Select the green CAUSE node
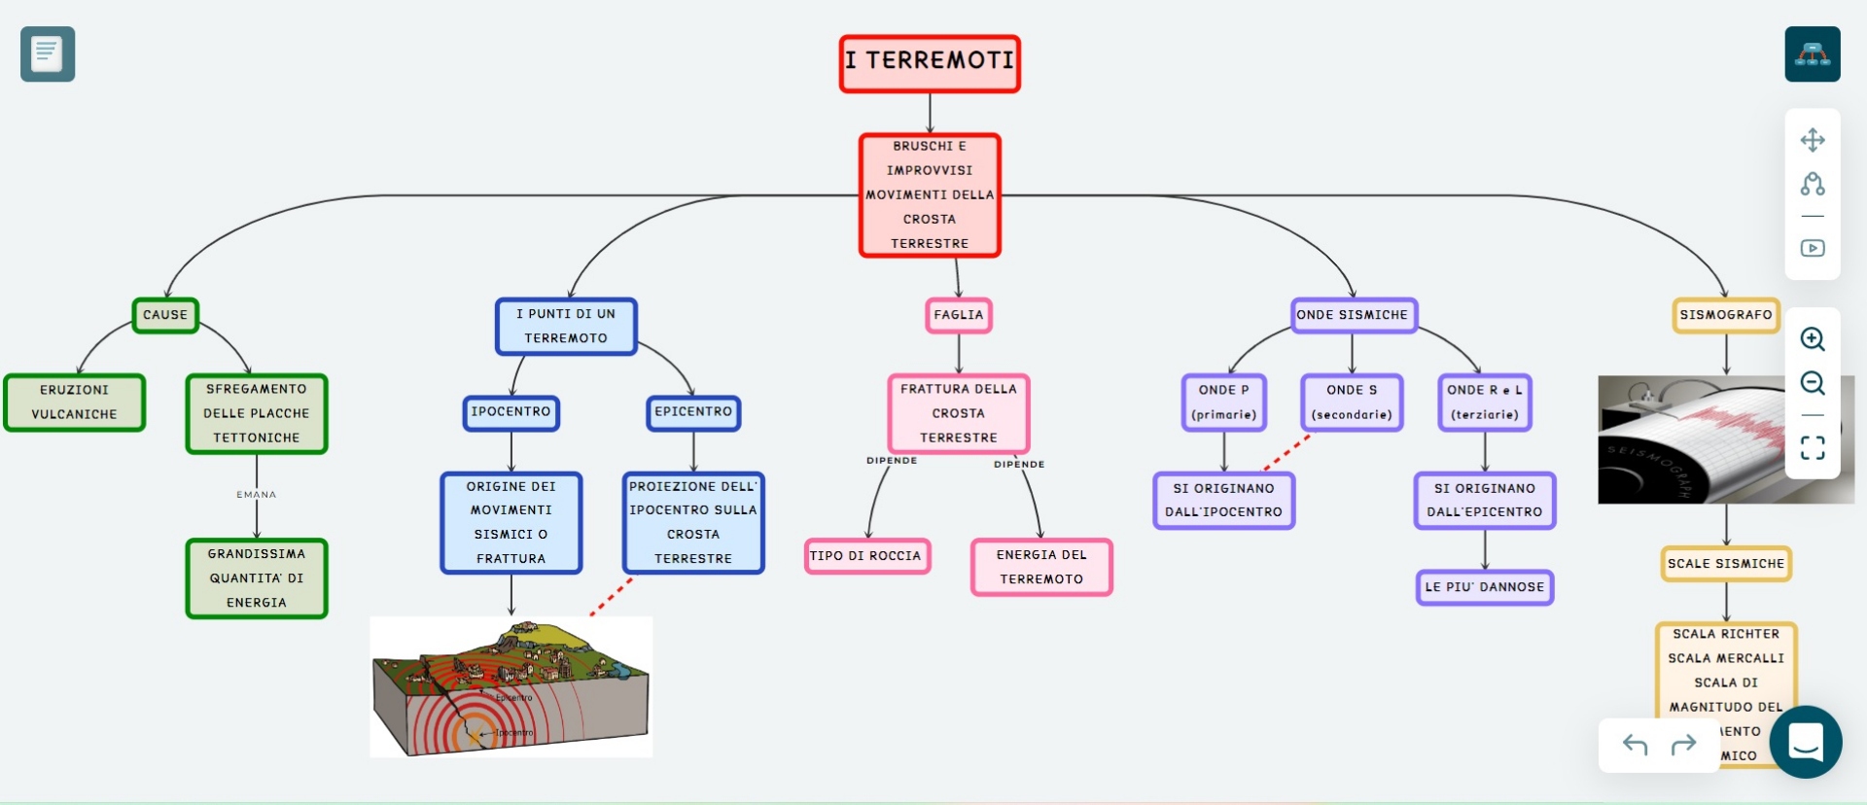(x=165, y=315)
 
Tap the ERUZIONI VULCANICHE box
(x=74, y=402)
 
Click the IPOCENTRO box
(x=511, y=412)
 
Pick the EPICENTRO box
(x=693, y=412)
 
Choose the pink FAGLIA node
(x=958, y=315)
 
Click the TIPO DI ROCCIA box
(x=866, y=556)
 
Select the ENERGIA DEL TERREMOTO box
(x=1041, y=567)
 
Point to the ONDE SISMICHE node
(x=1353, y=315)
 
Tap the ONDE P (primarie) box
(x=1224, y=402)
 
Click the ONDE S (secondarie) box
(x=1352, y=402)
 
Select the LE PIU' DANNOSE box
(x=1485, y=587)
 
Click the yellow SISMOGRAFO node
(x=1726, y=315)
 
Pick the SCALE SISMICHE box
(x=1726, y=564)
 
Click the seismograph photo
(x=1692, y=439)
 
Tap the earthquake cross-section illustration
(x=511, y=686)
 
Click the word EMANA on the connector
(x=257, y=495)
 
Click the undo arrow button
(x=1635, y=745)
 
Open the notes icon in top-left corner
(x=48, y=54)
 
